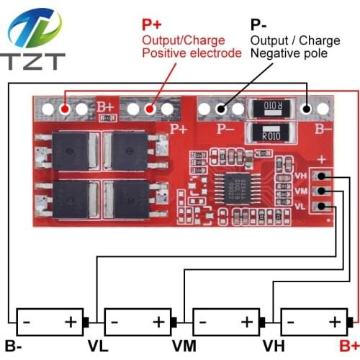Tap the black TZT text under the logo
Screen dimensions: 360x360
coord(34,63)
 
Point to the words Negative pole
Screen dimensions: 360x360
coord(289,53)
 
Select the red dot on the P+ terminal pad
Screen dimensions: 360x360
coord(150,109)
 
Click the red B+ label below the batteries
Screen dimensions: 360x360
coord(348,345)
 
